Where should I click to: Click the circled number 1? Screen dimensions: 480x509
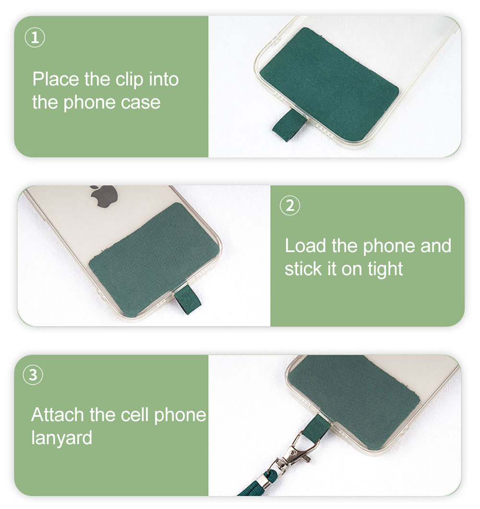click(35, 37)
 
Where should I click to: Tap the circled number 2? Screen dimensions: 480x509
click(290, 206)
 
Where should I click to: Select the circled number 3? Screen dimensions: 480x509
click(33, 375)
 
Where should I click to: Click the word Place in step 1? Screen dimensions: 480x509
click(56, 79)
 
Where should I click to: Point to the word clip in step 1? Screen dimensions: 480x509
click(129, 80)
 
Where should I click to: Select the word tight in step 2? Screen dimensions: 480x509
click(385, 269)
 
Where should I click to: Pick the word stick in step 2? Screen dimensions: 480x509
click(303, 269)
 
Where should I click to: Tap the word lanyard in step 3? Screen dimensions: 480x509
click(61, 438)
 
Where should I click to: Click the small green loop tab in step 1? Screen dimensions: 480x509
click(288, 125)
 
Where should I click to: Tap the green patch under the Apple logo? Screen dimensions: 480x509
click(154, 260)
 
